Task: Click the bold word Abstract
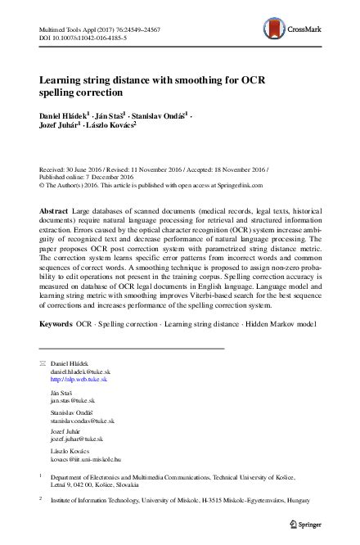pos(54,211)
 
